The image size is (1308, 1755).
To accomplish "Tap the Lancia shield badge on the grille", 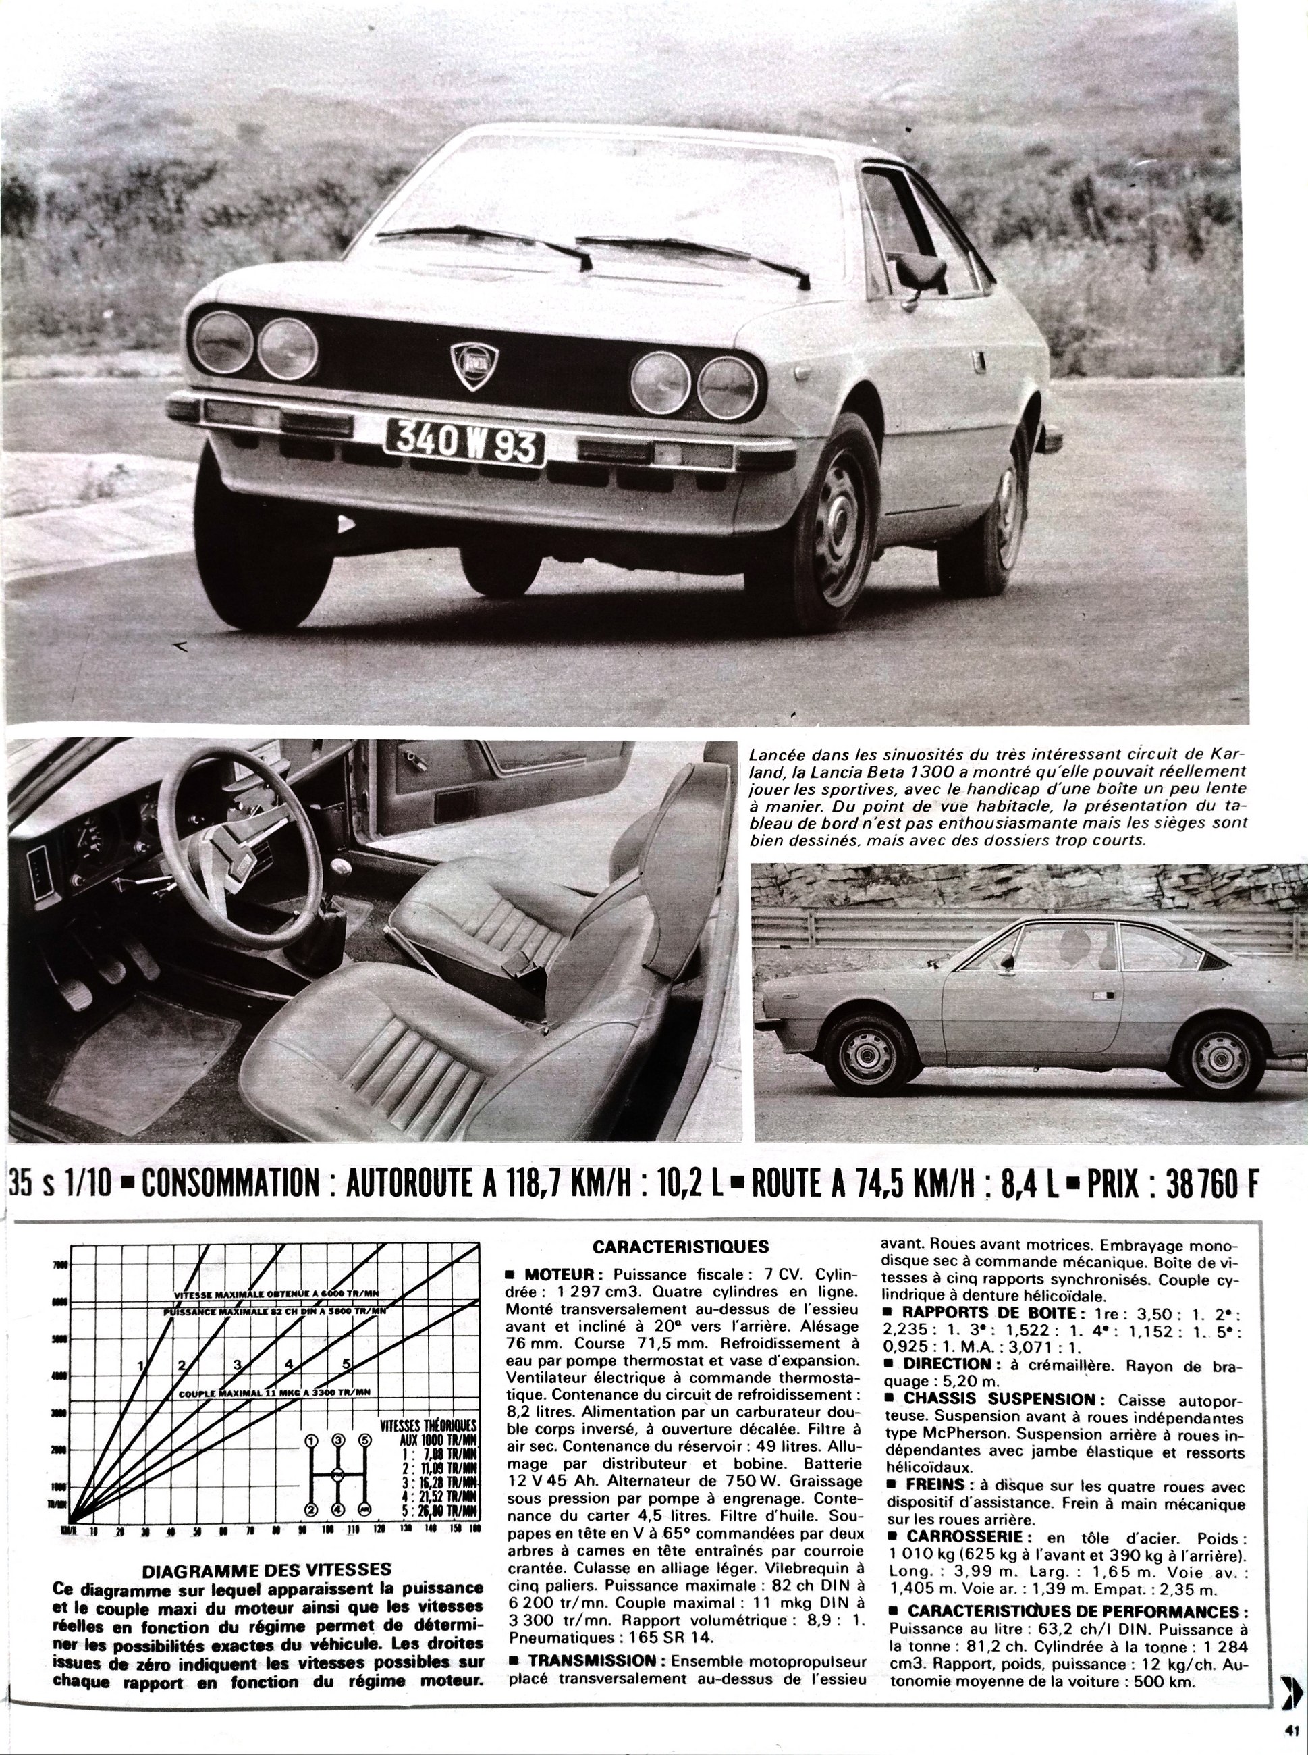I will (x=470, y=365).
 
